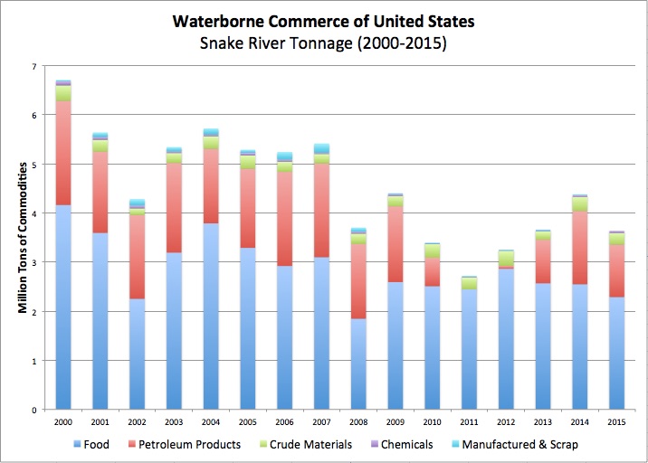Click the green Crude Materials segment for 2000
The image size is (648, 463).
62,93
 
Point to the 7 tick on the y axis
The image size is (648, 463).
33,66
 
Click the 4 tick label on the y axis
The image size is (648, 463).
33,213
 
